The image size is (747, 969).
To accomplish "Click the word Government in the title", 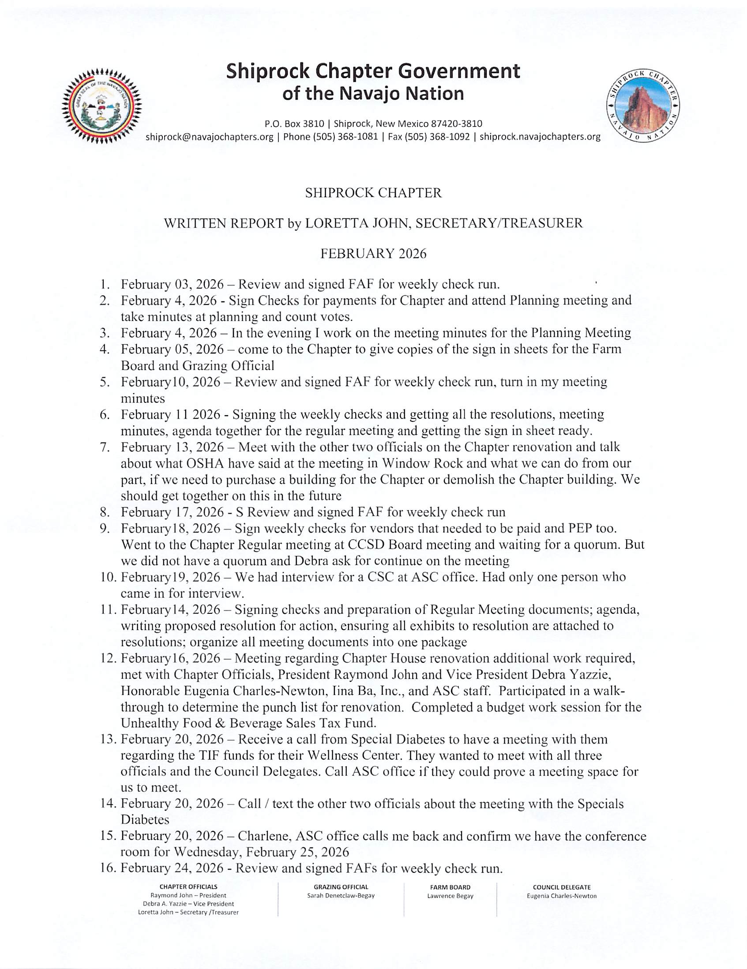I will pyautogui.click(x=458, y=71).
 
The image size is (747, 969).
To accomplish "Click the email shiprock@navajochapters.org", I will pyautogui.click(x=210, y=137).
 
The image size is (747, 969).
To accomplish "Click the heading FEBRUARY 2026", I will pyautogui.click(x=373, y=253).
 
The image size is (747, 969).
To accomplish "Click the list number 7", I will pyautogui.click(x=105, y=447).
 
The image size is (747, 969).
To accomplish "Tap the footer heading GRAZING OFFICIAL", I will pyautogui.click(x=341, y=887).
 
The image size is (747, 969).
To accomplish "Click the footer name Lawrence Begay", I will pyautogui.click(x=450, y=896).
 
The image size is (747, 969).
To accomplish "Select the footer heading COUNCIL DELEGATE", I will pyautogui.click(x=562, y=887).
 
